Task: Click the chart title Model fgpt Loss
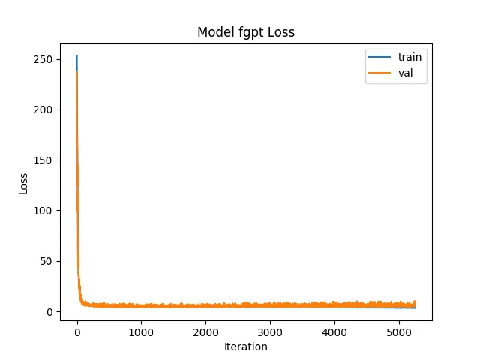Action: pos(246,32)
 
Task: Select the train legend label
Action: pos(409,57)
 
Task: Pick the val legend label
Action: pos(405,73)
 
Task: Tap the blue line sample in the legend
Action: pos(379,57)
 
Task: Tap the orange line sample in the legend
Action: pos(379,73)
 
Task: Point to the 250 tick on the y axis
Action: pos(43,59)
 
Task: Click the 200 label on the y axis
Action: pos(43,109)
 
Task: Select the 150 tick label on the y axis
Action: pos(43,160)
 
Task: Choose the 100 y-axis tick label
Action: pos(43,211)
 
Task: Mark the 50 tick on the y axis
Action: pos(46,261)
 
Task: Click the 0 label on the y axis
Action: pos(49,312)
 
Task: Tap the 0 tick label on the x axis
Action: pos(77,332)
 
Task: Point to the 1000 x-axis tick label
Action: pos(141,332)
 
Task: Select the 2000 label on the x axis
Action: pos(205,332)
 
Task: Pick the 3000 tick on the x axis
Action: pos(270,332)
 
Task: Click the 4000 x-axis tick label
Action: pos(334,332)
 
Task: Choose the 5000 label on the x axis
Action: pos(399,332)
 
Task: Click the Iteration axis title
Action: pos(246,346)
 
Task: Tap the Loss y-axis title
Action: pos(23,184)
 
